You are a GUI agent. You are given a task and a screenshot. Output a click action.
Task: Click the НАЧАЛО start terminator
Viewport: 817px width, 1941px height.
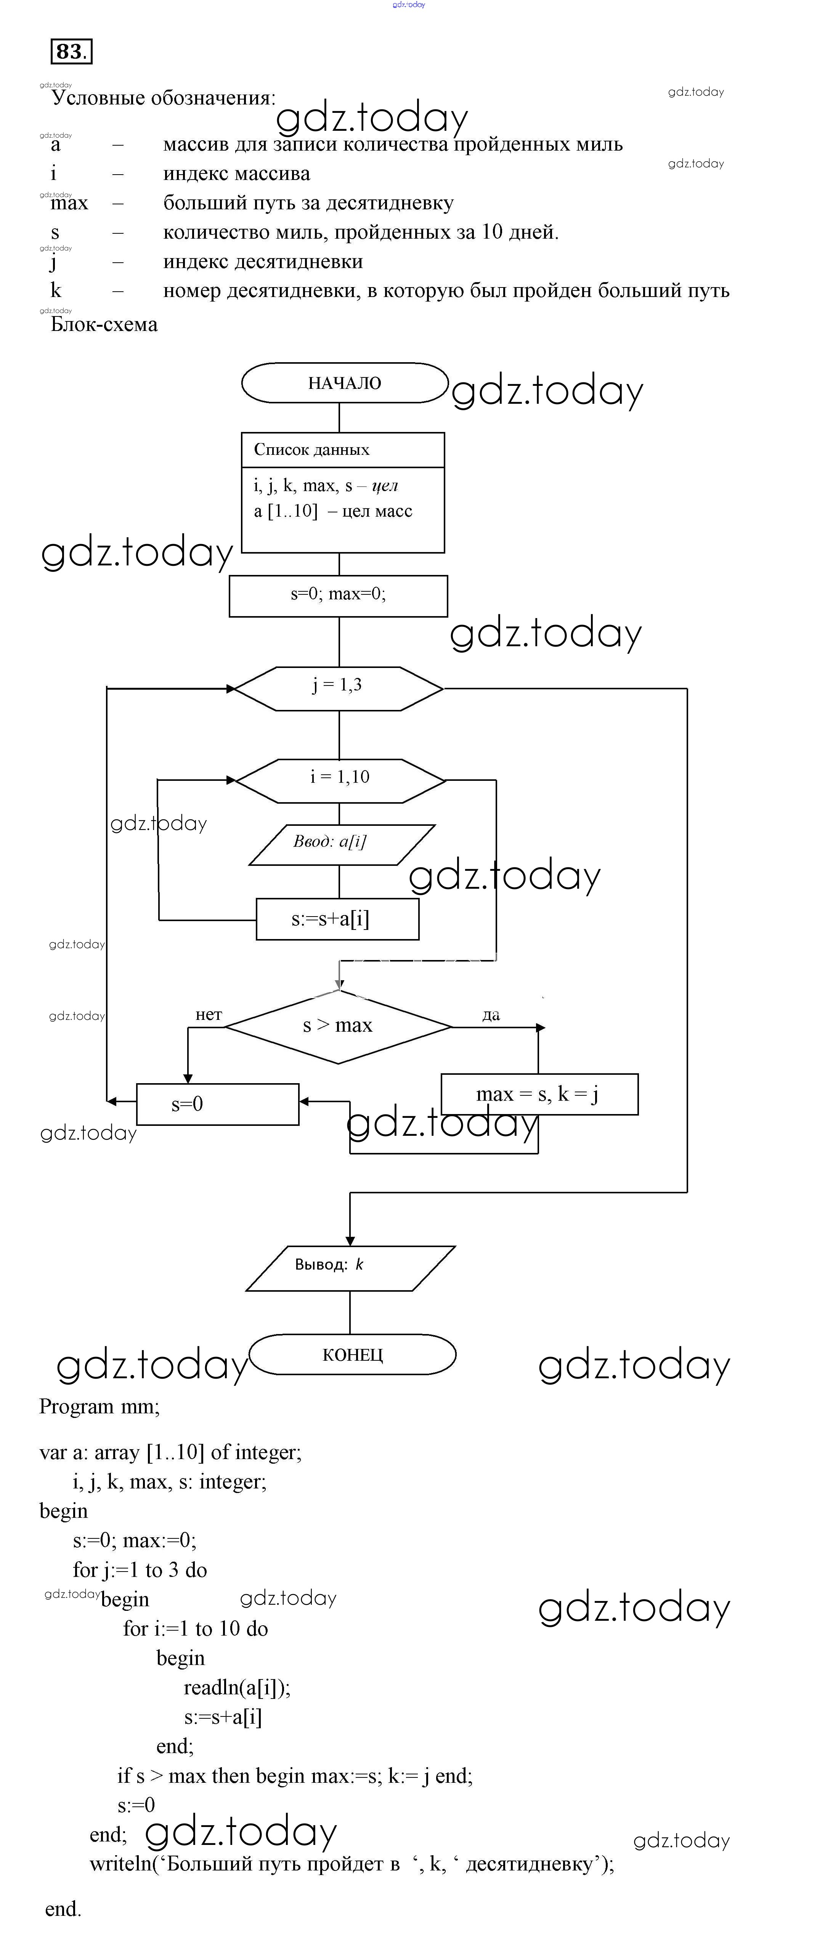[344, 383]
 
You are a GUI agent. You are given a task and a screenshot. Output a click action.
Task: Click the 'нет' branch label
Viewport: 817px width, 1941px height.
[209, 1015]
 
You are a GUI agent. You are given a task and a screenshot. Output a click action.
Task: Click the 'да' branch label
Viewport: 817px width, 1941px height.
[491, 1015]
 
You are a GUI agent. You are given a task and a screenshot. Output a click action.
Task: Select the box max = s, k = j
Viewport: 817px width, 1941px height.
[538, 1094]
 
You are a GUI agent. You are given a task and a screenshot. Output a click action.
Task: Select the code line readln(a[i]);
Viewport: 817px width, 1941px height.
[237, 1687]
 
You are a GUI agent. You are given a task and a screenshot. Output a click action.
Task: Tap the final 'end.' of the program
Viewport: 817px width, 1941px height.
[63, 1909]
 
